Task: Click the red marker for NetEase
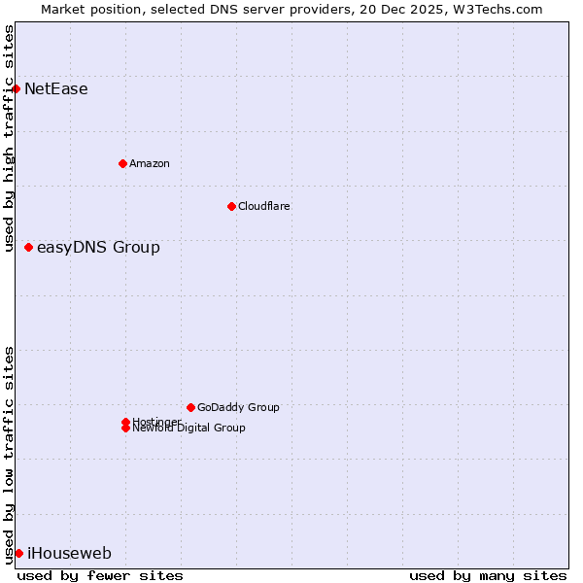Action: pos(16,88)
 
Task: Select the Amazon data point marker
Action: pos(122,163)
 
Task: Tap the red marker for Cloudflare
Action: pos(231,206)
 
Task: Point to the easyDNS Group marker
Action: pos(28,247)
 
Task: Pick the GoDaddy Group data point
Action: pos(190,407)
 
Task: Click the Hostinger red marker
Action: pos(125,422)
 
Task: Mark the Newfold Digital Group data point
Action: pos(125,429)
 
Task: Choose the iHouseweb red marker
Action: pos(18,553)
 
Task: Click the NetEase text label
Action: pos(55,89)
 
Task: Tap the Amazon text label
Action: pos(149,163)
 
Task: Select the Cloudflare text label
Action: pos(263,206)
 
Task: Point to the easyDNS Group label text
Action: pos(98,248)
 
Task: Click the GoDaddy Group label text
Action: pos(238,407)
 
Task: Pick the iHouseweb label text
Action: pos(69,554)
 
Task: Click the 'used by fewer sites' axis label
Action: pos(100,575)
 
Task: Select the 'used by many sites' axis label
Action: pos(488,575)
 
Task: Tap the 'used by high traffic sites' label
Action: pos(9,138)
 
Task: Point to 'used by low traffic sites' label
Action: pos(9,454)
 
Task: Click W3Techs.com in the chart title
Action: pos(496,9)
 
